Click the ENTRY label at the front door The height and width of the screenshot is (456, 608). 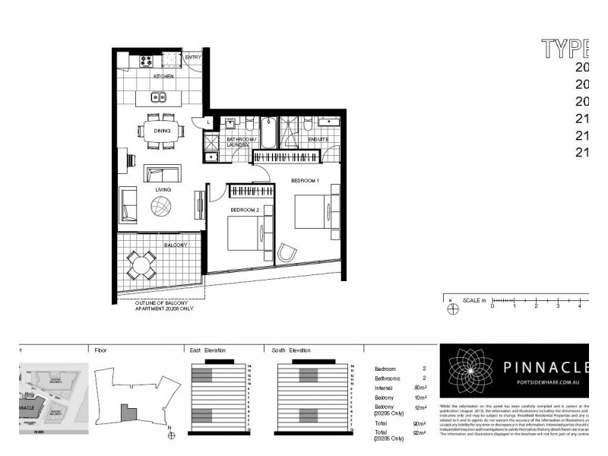tap(193, 57)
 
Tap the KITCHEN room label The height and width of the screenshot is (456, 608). tap(163, 77)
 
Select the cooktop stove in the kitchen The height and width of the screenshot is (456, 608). tap(145, 61)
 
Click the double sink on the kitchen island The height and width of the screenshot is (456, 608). tap(159, 97)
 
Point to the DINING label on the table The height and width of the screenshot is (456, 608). tap(162, 131)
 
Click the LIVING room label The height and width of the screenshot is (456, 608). tap(163, 189)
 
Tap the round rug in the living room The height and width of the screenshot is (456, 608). tap(162, 206)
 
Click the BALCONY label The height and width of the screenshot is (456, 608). tap(176, 245)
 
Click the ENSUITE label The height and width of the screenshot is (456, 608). tap(318, 140)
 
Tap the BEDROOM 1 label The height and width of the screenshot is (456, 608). tap(305, 179)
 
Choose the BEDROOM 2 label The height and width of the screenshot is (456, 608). tap(245, 208)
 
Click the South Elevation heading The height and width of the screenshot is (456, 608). tap(292, 350)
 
